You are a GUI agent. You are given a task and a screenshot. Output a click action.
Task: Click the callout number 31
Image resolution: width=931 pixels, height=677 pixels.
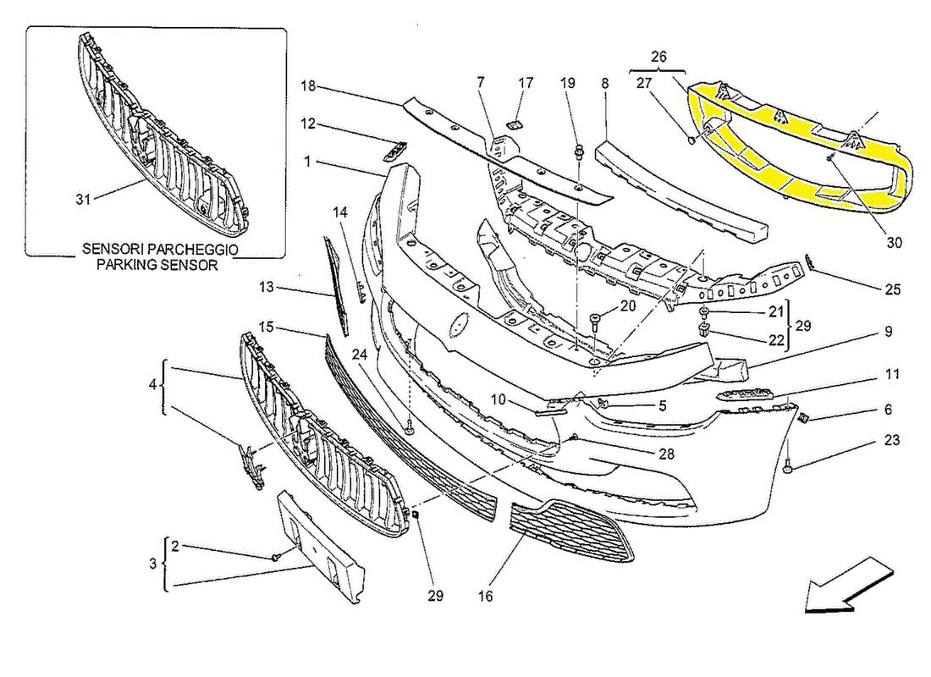(x=82, y=200)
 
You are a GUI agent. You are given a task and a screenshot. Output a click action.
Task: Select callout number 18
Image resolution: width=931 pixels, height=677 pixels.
(x=308, y=85)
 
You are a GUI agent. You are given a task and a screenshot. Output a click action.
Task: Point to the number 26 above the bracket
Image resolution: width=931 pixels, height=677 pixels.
(x=659, y=57)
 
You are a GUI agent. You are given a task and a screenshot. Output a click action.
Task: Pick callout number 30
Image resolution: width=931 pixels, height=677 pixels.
(x=895, y=242)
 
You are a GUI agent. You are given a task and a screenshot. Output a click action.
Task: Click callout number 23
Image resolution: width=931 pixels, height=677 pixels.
(x=891, y=440)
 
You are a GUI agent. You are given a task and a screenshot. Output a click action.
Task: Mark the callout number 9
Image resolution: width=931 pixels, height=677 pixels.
(x=889, y=333)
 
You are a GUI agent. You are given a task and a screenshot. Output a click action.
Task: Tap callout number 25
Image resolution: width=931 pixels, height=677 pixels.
(x=892, y=290)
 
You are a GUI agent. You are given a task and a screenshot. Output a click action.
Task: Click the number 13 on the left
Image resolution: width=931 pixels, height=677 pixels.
(x=267, y=287)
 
